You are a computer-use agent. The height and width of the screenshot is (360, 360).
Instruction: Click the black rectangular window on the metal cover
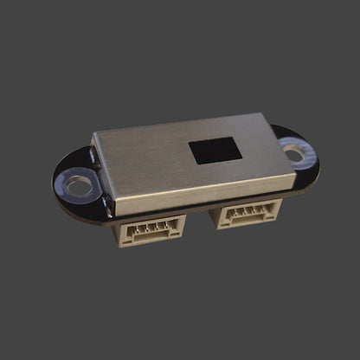(x=215, y=151)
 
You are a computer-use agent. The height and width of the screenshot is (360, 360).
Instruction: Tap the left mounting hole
(x=79, y=184)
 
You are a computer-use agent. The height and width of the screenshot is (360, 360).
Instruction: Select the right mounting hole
(x=294, y=154)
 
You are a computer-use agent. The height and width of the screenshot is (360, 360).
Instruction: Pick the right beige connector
(x=248, y=213)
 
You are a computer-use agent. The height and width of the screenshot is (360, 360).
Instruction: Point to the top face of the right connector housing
(x=247, y=203)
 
